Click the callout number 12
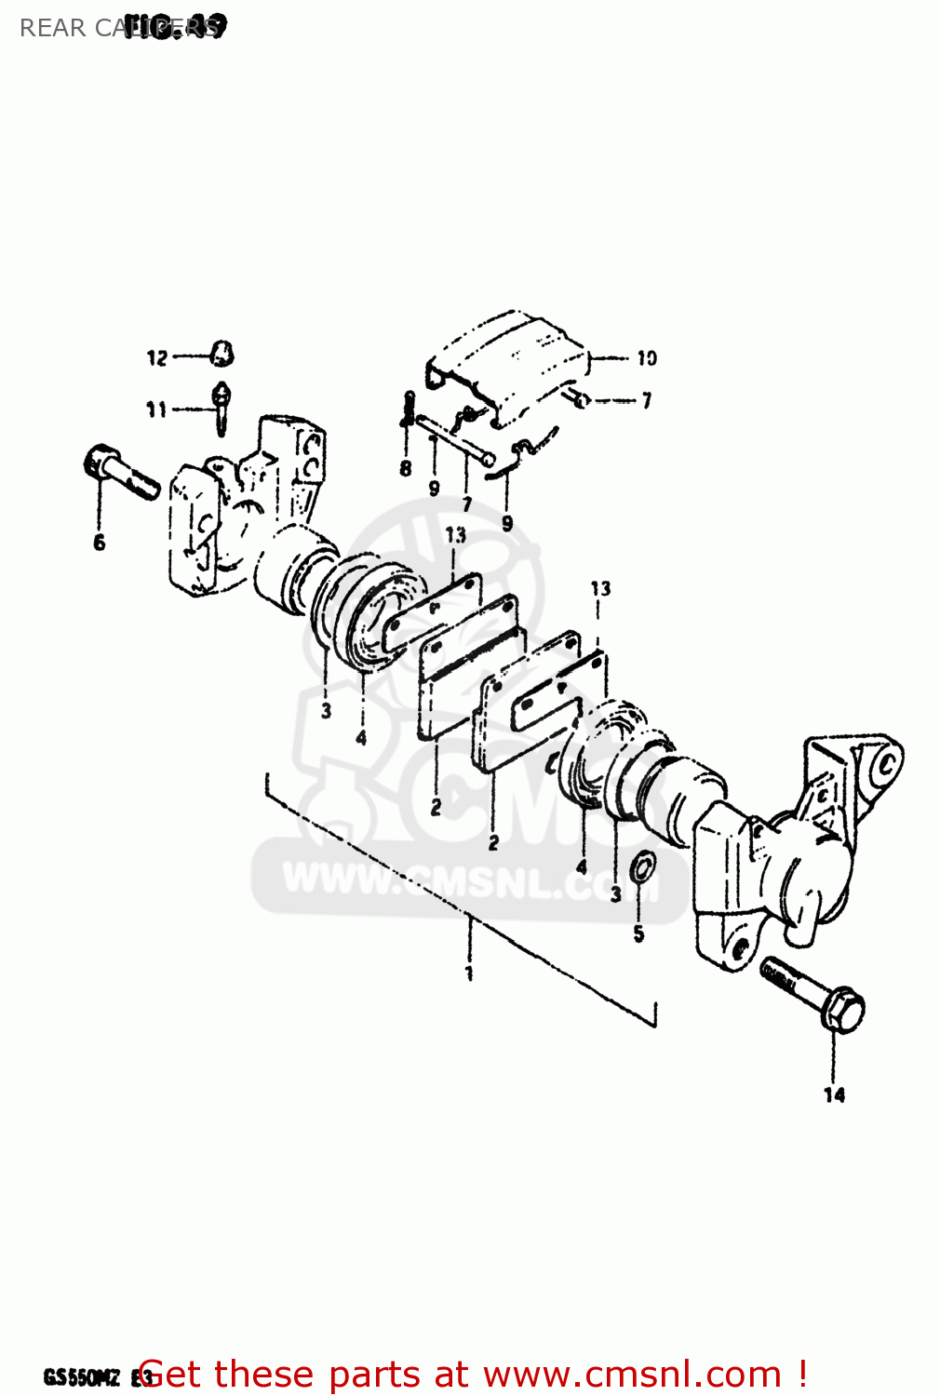pos(156,357)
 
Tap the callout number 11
pos(155,409)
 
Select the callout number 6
pos(100,543)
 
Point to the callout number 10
pos(647,358)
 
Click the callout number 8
pos(406,469)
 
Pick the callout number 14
pos(834,1095)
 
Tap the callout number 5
pos(638,933)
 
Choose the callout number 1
pos(469,973)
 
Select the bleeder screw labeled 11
pos(222,406)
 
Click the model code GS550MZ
pos(82,1377)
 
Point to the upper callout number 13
pos(455,535)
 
